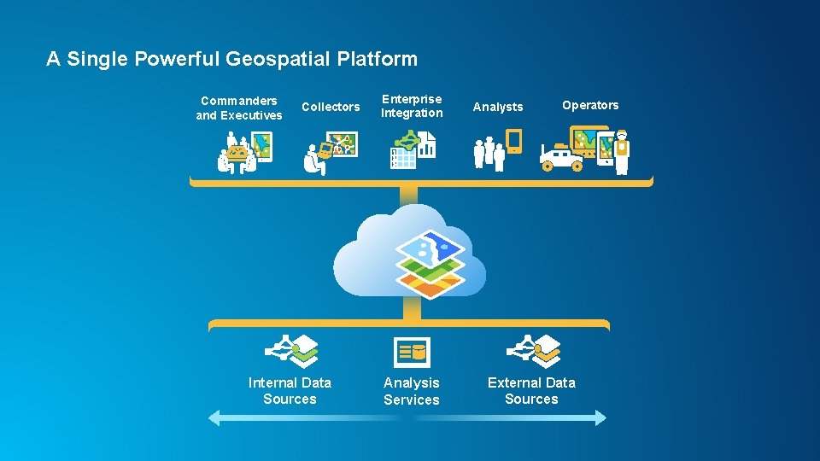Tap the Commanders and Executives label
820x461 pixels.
pos(239,108)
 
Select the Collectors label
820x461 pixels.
pos(331,107)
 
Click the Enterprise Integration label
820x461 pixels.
pos(412,106)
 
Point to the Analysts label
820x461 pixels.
pos(498,107)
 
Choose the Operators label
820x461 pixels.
pos(590,105)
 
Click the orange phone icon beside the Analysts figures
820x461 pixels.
pos(513,141)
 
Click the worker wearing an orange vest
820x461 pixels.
pos(622,151)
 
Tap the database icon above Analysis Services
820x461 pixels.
pos(412,352)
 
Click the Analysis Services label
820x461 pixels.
pos(412,391)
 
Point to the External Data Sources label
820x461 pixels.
pos(531,391)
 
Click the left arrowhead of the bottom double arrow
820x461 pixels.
pos(215,417)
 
